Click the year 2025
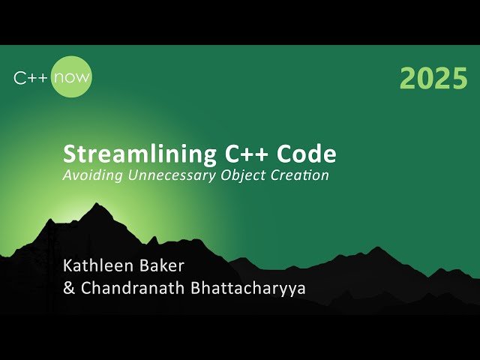click(433, 78)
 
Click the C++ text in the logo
click(32, 77)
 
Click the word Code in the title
click(307, 154)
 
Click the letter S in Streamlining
click(70, 154)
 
